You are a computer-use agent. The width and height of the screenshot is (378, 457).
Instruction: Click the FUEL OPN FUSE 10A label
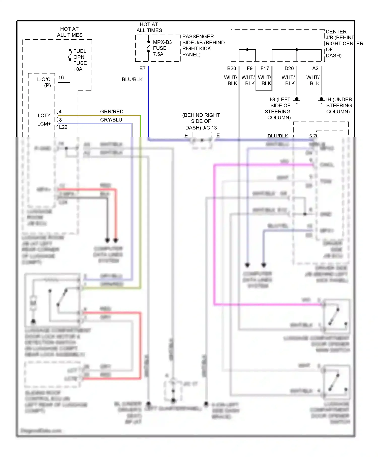80,60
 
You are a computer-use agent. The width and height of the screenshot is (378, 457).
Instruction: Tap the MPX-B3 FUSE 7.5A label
162,48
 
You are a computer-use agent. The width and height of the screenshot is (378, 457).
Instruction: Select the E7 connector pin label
142,69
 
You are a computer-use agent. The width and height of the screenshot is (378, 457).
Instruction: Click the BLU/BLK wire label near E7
132,79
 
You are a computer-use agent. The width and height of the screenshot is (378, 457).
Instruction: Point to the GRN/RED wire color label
112,112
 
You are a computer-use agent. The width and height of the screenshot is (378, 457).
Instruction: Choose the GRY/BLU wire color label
111,120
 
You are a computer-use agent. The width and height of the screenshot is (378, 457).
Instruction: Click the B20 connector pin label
231,69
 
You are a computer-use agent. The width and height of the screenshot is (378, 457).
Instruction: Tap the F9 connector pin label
249,69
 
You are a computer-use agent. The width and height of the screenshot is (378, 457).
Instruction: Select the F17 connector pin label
265,69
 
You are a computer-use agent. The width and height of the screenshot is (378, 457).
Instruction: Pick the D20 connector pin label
289,69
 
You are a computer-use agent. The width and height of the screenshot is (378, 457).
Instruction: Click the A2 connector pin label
315,69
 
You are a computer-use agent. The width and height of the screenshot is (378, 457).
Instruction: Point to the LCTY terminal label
44,115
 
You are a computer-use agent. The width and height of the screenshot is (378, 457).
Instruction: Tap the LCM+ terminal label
44,124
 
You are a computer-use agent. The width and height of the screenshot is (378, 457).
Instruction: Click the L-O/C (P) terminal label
44,82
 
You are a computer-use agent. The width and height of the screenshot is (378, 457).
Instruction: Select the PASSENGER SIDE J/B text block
203,46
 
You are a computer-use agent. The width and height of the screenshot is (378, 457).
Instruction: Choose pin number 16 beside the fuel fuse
61,78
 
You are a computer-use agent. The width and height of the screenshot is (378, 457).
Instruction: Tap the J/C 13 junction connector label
201,121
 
